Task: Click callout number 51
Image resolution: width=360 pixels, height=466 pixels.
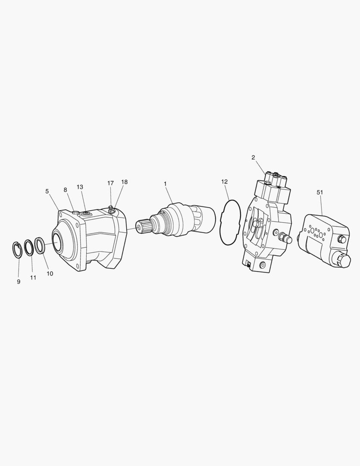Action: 319,192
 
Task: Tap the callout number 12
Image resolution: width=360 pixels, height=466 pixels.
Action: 225,182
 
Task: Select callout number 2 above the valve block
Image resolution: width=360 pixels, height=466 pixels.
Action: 253,157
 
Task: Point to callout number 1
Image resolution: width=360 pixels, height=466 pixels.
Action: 165,184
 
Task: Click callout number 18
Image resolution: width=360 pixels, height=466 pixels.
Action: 125,182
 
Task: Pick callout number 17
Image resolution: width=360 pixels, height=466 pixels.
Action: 110,183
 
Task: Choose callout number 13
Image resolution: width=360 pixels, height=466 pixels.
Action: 80,187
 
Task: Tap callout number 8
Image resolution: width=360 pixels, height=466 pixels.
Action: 66,190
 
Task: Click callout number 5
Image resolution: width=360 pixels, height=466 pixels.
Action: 47,192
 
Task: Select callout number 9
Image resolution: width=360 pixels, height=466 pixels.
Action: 19,282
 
